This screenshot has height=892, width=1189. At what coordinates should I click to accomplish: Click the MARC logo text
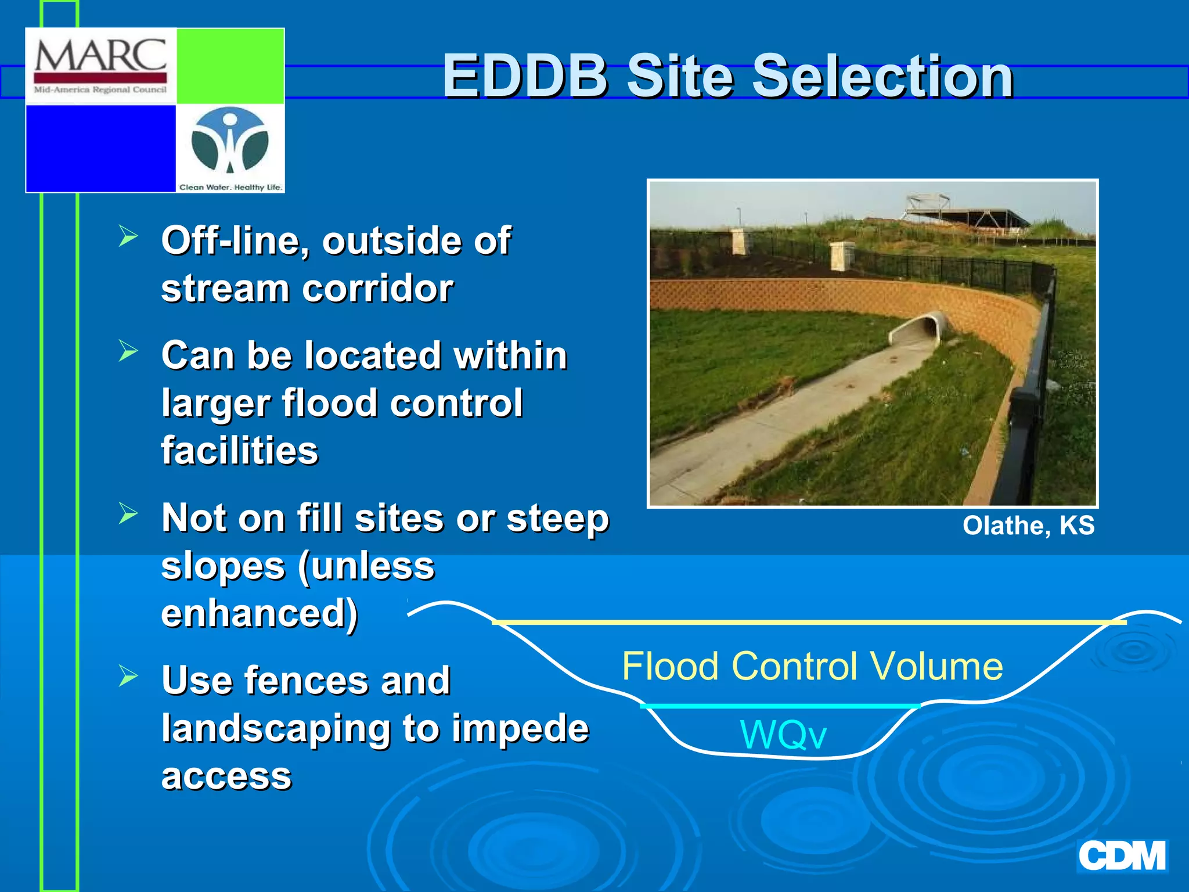(x=100, y=56)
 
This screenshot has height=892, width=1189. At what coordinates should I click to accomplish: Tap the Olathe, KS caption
(x=1028, y=526)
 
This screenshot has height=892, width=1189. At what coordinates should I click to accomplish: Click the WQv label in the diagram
(x=783, y=735)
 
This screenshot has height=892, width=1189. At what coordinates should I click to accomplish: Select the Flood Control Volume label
(x=812, y=666)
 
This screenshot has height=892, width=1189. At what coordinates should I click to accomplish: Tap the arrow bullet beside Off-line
(x=128, y=236)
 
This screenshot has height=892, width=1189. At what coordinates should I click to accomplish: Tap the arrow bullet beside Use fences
(x=128, y=675)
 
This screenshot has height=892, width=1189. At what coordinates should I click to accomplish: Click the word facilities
(x=240, y=451)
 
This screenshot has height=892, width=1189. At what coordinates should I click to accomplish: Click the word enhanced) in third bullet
(x=260, y=613)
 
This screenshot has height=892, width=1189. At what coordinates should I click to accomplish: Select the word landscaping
(x=276, y=729)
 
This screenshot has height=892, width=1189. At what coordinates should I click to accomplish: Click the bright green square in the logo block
(x=230, y=66)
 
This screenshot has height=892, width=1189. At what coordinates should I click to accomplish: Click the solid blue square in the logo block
(x=101, y=148)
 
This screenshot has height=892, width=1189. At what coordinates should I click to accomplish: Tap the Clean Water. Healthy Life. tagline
(x=230, y=187)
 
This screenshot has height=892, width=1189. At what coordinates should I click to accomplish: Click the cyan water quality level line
(x=780, y=706)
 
